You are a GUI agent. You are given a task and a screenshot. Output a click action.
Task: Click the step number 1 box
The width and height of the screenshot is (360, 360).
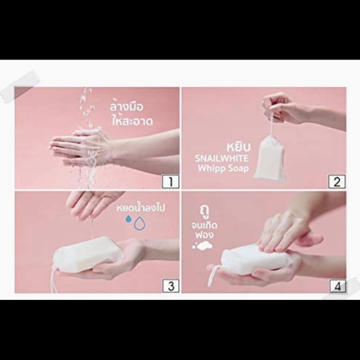[x=171, y=181]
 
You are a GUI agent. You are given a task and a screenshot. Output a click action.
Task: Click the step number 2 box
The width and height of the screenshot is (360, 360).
[x=337, y=181]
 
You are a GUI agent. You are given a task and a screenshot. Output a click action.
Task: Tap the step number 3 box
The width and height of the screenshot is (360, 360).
[x=171, y=286]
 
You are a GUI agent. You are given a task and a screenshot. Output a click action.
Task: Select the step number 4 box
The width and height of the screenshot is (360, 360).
[x=338, y=286]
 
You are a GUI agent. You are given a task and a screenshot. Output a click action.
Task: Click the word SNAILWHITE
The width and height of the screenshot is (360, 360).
[x=222, y=159]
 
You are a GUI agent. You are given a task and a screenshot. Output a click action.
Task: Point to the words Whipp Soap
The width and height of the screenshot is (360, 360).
[x=223, y=168]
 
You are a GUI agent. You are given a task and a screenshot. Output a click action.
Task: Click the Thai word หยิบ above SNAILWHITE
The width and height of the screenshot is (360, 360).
[x=238, y=147]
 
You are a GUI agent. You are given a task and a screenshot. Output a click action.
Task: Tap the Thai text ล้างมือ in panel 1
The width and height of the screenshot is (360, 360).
[x=126, y=106]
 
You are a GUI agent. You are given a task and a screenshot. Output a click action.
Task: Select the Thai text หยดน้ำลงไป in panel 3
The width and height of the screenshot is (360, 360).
[x=141, y=208]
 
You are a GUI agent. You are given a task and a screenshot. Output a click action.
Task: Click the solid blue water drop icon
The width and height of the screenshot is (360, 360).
[x=128, y=219]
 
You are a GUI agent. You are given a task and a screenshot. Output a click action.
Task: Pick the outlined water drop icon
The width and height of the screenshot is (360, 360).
[x=140, y=223]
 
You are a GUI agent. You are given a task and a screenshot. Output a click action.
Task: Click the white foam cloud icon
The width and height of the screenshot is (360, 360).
[x=202, y=245]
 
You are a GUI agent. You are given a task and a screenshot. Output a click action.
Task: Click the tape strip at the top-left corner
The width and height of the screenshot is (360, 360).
[x=19, y=86]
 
